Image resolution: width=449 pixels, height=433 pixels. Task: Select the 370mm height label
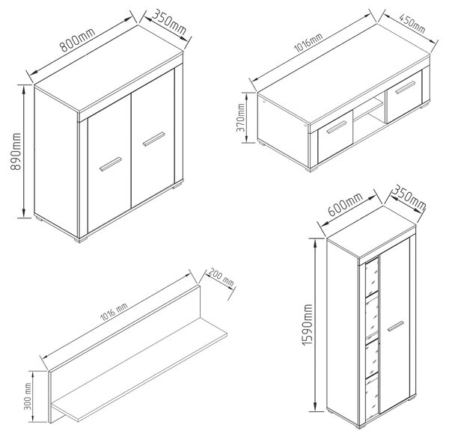(240, 117)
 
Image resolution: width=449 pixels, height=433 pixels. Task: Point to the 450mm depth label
(412, 23)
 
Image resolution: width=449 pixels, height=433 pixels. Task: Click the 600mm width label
(345, 204)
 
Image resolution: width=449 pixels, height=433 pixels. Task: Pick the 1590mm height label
(308, 325)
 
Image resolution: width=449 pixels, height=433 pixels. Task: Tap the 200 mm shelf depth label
(221, 277)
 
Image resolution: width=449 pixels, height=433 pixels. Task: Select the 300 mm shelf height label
(28, 396)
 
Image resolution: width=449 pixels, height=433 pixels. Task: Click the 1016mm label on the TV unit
(308, 43)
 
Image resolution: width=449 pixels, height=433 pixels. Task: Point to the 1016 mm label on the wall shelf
(114, 312)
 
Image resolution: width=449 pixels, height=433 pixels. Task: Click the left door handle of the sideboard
(111, 165)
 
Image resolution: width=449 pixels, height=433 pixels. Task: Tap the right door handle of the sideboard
(154, 139)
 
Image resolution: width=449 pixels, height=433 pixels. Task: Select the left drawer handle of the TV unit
(337, 127)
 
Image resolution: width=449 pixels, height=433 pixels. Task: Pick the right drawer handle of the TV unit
(405, 87)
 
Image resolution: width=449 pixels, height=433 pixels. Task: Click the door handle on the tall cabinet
(395, 326)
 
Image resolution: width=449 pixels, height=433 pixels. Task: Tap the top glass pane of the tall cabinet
(372, 277)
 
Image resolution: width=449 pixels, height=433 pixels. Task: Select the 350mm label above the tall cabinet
(409, 198)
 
